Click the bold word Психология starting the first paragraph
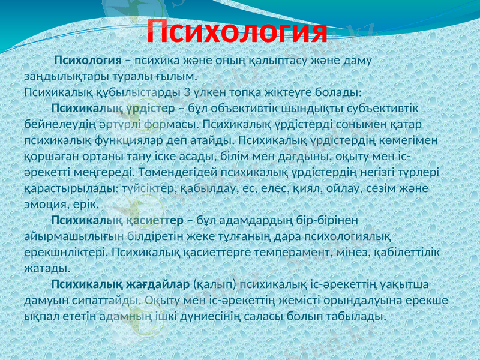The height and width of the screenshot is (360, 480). [88, 61]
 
